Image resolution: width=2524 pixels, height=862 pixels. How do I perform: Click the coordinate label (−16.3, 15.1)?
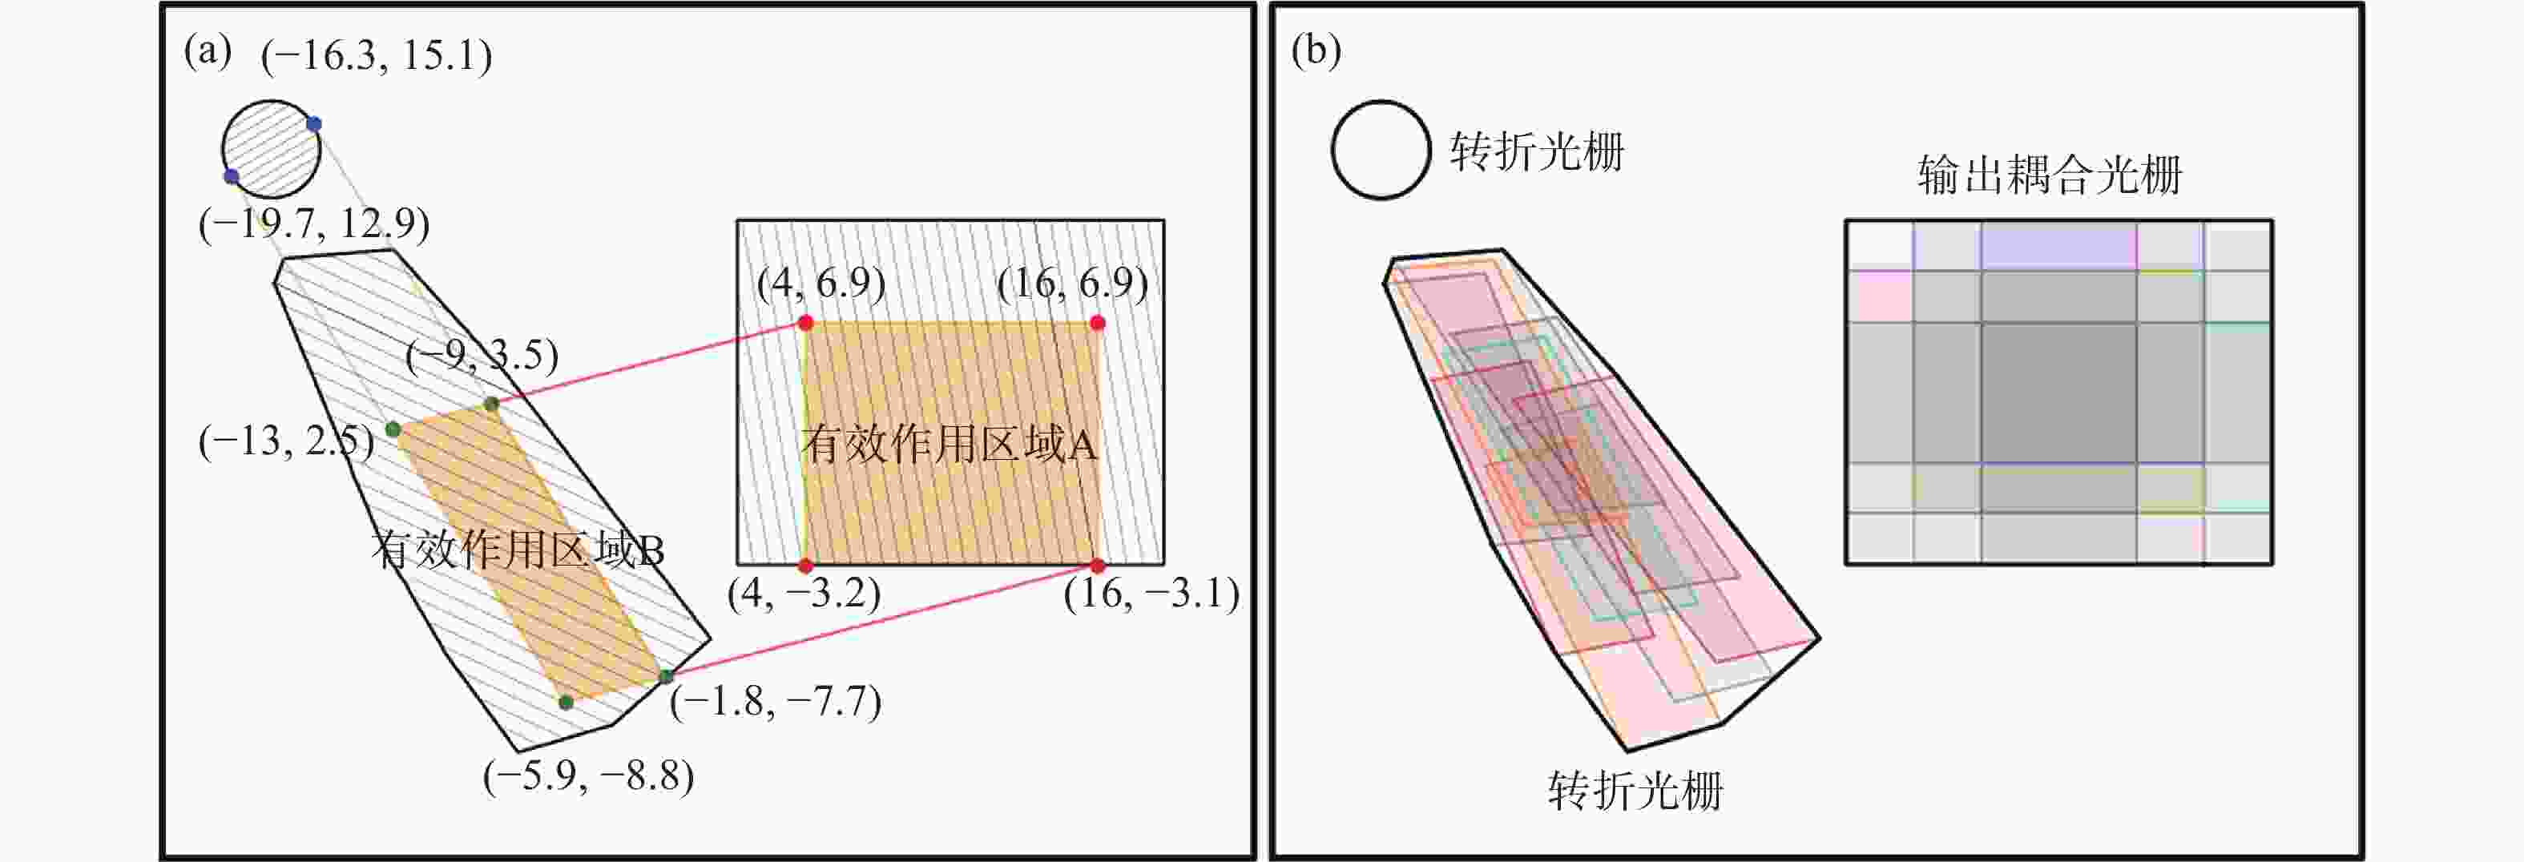point(377,56)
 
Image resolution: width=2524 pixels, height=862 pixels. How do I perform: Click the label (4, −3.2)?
point(804,594)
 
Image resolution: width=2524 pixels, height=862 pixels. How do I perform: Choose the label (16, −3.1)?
point(1151,594)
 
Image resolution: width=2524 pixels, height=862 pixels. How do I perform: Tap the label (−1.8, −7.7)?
point(775,701)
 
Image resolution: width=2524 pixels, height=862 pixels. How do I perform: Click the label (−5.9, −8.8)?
point(588,775)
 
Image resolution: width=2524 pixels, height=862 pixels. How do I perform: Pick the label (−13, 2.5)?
point(286,441)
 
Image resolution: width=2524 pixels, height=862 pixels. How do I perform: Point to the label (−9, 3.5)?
point(482,355)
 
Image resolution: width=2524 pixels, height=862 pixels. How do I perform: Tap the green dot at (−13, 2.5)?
point(393,429)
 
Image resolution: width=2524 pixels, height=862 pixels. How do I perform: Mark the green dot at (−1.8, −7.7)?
point(667,676)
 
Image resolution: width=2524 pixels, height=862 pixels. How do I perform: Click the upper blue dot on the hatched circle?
point(313,123)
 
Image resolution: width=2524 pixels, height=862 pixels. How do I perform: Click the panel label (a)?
point(208,51)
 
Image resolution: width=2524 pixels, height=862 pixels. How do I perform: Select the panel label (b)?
point(1316,51)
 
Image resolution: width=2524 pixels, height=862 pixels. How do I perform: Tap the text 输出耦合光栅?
point(2050,175)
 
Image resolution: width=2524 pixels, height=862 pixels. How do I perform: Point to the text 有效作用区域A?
point(949,444)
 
